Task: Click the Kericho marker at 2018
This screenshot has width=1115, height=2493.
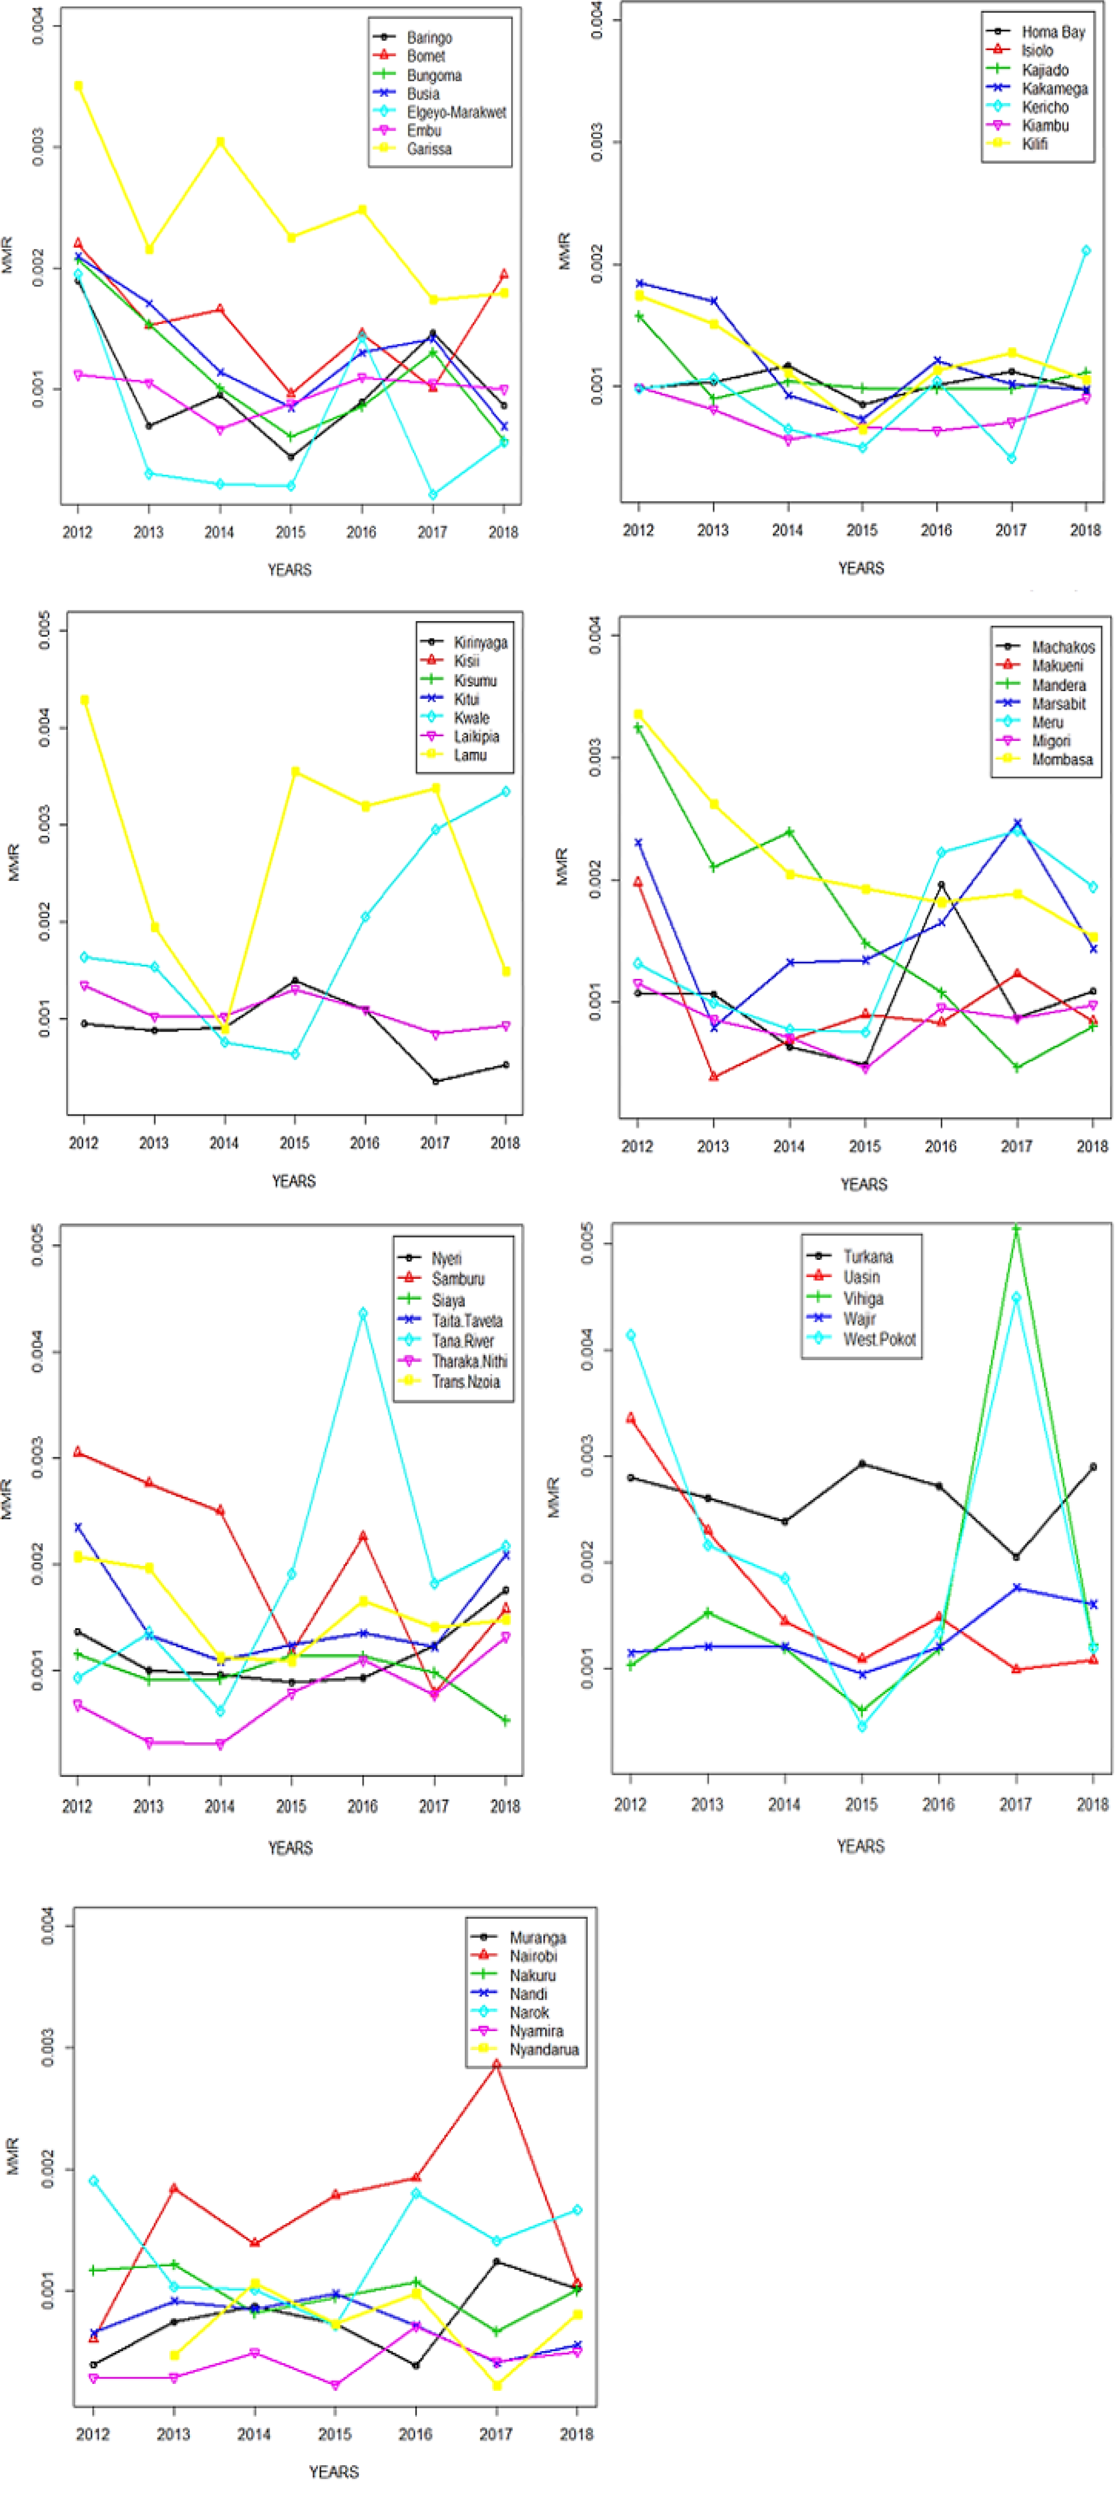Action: [x=1086, y=250]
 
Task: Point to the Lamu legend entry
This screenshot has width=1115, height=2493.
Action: [x=470, y=755]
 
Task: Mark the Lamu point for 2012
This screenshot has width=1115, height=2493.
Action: [x=84, y=699]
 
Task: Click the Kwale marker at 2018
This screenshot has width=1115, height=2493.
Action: [x=505, y=792]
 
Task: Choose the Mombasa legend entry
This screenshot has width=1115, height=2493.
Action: [x=1062, y=760]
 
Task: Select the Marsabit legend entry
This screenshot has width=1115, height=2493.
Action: [x=1058, y=703]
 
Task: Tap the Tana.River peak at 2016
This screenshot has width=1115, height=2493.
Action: [x=363, y=1313]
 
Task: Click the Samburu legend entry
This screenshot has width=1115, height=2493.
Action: [x=458, y=1279]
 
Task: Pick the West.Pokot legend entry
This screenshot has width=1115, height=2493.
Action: [x=879, y=1339]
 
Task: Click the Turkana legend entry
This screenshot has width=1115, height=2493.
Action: [x=867, y=1256]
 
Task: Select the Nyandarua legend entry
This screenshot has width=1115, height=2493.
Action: [x=544, y=2049]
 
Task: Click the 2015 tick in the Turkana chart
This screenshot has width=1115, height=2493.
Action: [x=861, y=1804]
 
